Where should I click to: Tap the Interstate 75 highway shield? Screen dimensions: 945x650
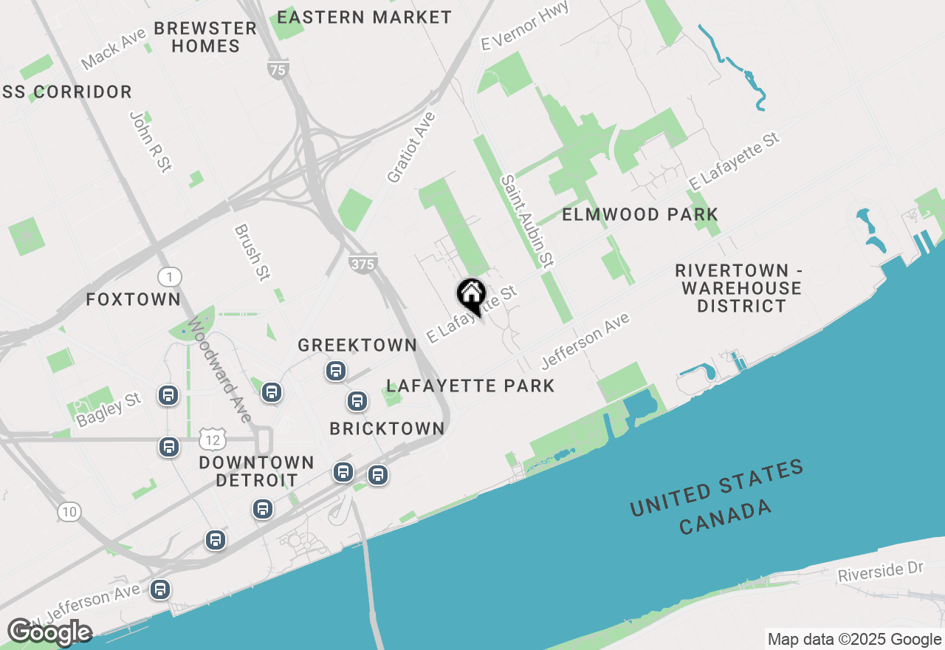pyautogui.click(x=278, y=70)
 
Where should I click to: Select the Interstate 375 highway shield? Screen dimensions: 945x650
pyautogui.click(x=363, y=264)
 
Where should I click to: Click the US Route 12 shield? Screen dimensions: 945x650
pyautogui.click(x=213, y=440)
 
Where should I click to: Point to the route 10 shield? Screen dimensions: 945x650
pyautogui.click(x=69, y=511)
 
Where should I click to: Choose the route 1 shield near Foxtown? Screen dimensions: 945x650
pyautogui.click(x=169, y=277)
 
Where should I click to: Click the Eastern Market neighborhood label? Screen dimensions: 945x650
pyautogui.click(x=364, y=17)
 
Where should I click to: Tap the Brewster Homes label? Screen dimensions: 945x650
pyautogui.click(x=205, y=37)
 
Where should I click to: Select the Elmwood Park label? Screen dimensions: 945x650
pyautogui.click(x=640, y=215)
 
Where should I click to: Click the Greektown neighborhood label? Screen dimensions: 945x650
pyautogui.click(x=357, y=345)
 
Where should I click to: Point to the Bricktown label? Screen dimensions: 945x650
pyautogui.click(x=387, y=428)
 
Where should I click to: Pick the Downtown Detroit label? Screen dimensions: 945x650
pyautogui.click(x=256, y=471)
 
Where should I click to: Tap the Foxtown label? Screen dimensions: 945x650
pyautogui.click(x=133, y=299)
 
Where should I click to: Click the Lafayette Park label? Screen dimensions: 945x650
pyautogui.click(x=470, y=386)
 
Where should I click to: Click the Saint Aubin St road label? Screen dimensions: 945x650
pyautogui.click(x=527, y=220)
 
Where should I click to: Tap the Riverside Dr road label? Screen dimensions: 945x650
pyautogui.click(x=881, y=572)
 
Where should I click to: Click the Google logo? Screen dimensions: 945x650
pyautogui.click(x=49, y=632)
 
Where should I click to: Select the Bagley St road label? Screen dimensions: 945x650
pyautogui.click(x=108, y=410)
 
